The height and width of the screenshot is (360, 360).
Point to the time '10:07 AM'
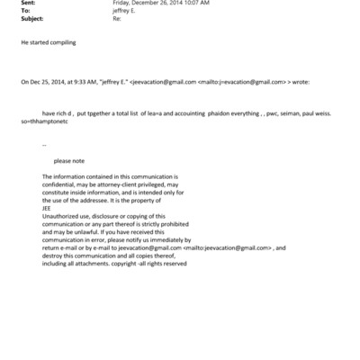(x=193, y=4)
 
